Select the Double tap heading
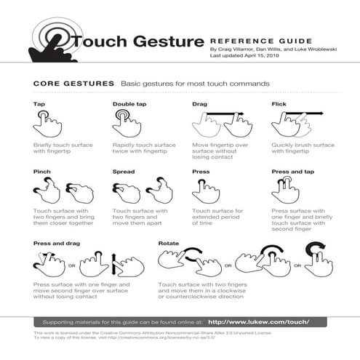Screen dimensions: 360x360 coord(129,105)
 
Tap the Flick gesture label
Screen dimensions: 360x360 coord(279,105)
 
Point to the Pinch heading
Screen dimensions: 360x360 coord(41,172)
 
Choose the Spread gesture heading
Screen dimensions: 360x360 coord(124,172)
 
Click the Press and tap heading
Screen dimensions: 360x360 coord(293,172)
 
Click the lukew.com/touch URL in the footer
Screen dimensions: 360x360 coord(258,321)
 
